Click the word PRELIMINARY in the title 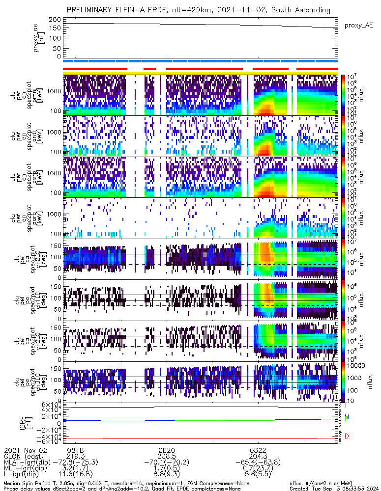tap(92, 10)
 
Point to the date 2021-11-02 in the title tap(254, 10)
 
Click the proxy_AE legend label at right tap(358, 26)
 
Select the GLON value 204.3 tap(258, 456)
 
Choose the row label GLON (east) tap(25, 456)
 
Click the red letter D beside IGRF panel tap(347, 436)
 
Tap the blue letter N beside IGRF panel tap(347, 417)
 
